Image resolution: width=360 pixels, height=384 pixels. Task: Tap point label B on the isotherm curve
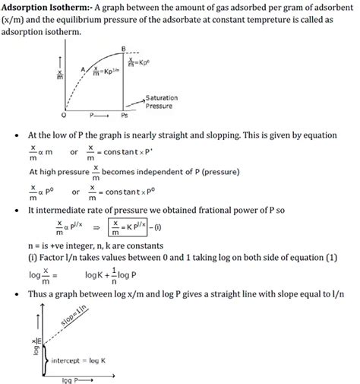pos(123,49)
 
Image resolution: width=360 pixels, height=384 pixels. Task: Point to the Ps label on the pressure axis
pos(125,116)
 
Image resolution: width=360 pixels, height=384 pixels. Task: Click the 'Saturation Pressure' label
pos(163,103)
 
